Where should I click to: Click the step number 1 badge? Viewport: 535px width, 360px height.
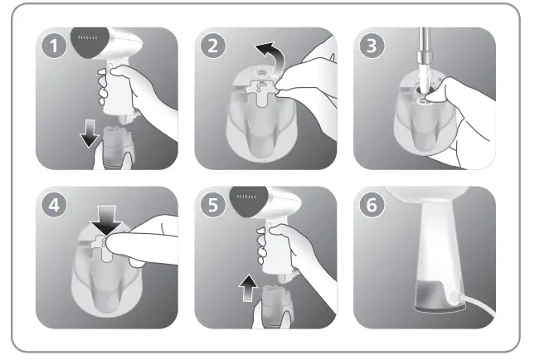(x=54, y=46)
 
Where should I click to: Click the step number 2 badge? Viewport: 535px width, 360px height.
(x=213, y=46)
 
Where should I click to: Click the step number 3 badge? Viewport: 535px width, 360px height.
(x=372, y=46)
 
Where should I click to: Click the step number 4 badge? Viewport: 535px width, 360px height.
(x=54, y=205)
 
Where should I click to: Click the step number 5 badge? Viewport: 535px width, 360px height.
(x=213, y=205)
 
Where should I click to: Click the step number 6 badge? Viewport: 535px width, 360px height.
(x=372, y=205)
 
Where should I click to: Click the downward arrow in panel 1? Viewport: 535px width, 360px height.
(x=90, y=134)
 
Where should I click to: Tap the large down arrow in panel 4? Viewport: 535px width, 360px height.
(x=106, y=220)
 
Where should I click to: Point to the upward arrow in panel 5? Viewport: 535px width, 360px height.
(x=248, y=288)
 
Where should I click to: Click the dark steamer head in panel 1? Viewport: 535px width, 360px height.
(x=90, y=42)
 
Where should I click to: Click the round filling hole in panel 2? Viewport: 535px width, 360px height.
(x=262, y=72)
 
